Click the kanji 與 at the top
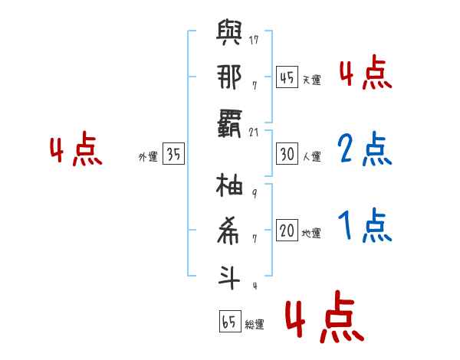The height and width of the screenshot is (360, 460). tap(229, 32)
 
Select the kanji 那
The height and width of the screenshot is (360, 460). tap(229, 77)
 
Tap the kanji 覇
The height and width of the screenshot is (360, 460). tap(229, 123)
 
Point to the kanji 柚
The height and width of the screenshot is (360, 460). tap(229, 185)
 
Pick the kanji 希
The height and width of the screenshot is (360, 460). tap(228, 231)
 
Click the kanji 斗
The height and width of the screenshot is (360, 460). tap(229, 277)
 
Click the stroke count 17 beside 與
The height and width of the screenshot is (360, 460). tap(254, 40)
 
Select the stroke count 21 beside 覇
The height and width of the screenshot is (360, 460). tap(254, 133)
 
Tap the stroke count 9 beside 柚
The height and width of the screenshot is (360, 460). tap(255, 193)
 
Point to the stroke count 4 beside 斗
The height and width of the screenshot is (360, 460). tap(255, 286)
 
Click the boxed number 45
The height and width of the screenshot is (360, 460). tap(287, 77)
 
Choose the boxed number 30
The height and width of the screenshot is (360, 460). tap(287, 154)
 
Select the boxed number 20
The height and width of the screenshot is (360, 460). tap(287, 230)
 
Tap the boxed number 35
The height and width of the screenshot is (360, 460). tap(173, 154)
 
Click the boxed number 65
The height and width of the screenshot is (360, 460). tap(230, 321)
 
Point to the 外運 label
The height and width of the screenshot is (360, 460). tap(148, 157)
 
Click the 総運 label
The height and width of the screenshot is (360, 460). tap(255, 325)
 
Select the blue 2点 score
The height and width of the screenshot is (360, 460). tap(365, 149)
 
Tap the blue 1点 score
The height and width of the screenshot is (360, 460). tap(365, 225)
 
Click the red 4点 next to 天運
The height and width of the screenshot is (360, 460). tap(366, 73)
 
